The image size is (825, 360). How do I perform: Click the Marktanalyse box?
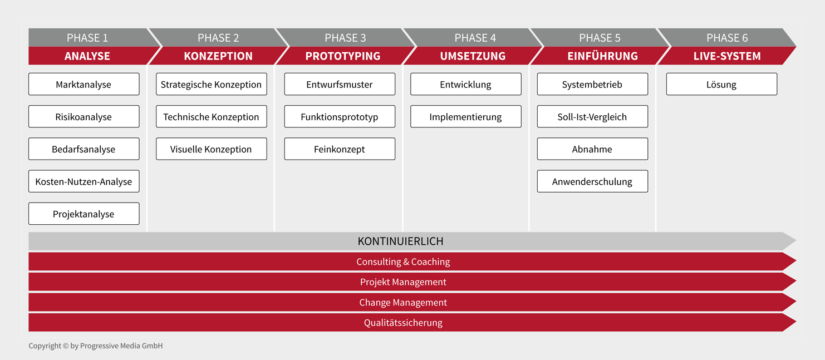(84, 84)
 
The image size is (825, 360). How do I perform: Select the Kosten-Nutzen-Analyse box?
(84, 181)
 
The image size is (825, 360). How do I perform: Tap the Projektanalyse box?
(84, 214)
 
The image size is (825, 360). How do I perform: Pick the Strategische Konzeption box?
(212, 84)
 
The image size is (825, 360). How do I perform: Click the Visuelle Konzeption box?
(212, 149)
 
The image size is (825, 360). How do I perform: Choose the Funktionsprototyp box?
(340, 117)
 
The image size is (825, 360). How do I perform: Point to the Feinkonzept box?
(340, 149)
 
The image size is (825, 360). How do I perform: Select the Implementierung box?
(466, 117)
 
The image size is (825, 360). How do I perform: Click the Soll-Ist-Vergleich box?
(593, 117)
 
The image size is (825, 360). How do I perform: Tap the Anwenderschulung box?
(593, 181)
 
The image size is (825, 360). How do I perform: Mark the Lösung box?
(722, 84)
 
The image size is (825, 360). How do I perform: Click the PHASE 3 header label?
(346, 38)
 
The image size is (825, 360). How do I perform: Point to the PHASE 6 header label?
(727, 38)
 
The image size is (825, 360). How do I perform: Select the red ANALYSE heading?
(87, 56)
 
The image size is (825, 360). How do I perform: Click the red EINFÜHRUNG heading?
(602, 56)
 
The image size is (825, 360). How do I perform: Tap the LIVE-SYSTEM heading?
(727, 56)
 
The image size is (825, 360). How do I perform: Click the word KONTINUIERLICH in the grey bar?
(401, 241)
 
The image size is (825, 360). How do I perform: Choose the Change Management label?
(403, 303)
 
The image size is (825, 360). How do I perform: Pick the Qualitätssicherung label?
(403, 323)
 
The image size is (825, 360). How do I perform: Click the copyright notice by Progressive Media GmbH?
(96, 346)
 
